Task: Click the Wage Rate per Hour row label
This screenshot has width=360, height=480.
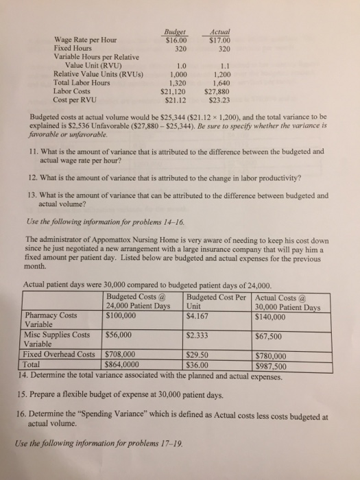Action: (x=80, y=40)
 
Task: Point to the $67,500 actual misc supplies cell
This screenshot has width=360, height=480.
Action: (x=270, y=336)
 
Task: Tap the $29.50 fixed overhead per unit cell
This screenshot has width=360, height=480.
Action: (x=199, y=356)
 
